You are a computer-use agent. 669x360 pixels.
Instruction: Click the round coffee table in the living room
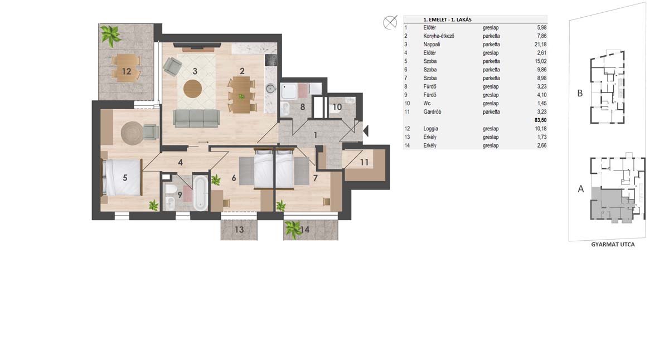(193, 89)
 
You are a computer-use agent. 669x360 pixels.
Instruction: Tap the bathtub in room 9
(200, 193)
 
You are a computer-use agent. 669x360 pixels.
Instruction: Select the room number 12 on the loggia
(127, 71)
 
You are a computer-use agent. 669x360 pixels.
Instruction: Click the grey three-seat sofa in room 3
(196, 118)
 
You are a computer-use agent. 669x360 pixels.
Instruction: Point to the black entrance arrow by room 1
(366, 131)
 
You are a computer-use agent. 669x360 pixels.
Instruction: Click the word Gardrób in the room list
(432, 112)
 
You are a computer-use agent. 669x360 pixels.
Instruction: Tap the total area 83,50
(541, 120)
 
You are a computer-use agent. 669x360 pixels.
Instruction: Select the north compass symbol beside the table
(390, 22)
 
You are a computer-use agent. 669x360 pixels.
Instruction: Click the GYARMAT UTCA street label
(613, 245)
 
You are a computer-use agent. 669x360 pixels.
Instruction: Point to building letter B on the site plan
(580, 94)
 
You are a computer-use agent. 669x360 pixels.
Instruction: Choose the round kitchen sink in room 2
(270, 89)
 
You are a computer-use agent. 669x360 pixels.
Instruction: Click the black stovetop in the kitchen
(271, 60)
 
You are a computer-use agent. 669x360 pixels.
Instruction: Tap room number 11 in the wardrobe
(364, 162)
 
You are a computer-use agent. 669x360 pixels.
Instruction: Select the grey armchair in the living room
(172, 66)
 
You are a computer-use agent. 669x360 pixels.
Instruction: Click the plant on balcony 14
(293, 229)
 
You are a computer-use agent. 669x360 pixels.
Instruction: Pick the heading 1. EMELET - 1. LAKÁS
(447, 20)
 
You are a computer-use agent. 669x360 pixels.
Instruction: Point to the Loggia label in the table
(430, 129)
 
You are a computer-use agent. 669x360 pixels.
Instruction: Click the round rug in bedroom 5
(132, 133)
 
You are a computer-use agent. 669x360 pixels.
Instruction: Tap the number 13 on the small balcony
(239, 230)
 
